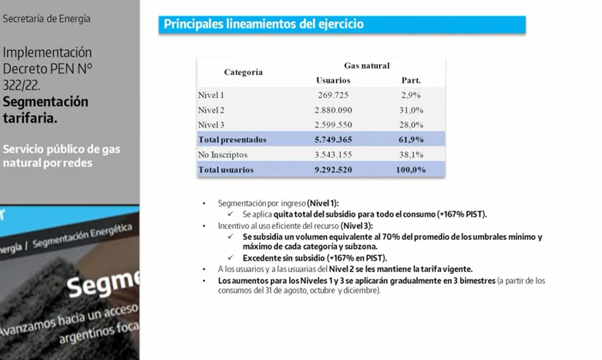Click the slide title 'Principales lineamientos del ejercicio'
click(264, 25)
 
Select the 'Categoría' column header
click(243, 72)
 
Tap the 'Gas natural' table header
click(366, 66)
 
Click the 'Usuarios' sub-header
click(333, 80)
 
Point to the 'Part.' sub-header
click(411, 80)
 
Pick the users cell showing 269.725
click(333, 95)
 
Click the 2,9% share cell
click(411, 95)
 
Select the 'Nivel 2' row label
click(211, 110)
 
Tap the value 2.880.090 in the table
click(333, 110)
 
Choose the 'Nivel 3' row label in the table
click(211, 125)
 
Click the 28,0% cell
click(411, 125)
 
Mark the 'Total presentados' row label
click(232, 140)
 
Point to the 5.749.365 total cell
click(333, 140)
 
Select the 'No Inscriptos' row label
click(224, 155)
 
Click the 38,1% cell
click(411, 155)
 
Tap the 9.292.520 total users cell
click(333, 170)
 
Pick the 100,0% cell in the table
click(411, 170)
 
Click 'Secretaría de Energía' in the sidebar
click(46, 19)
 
